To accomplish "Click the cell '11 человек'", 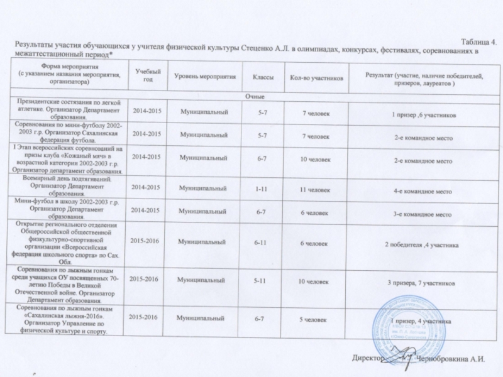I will pos(315,188).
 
